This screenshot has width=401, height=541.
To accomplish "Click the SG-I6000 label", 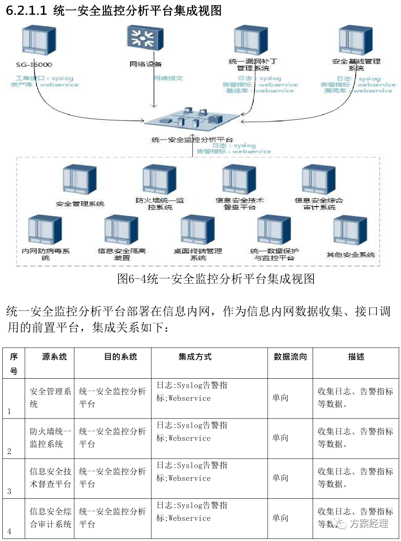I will pyautogui.click(x=34, y=64).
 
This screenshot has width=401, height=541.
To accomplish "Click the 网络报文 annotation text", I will pyautogui.click(x=168, y=78).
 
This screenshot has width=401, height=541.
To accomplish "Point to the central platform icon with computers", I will pyautogui.click(x=192, y=119).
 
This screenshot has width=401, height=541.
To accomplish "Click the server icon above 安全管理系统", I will pyautogui.click(x=79, y=180).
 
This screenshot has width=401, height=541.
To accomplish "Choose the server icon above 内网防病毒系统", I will pyautogui.click(x=45, y=230).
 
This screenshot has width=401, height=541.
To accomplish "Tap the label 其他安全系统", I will pyautogui.click(x=350, y=254).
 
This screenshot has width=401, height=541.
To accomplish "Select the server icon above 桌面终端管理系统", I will pyautogui.click(x=197, y=230).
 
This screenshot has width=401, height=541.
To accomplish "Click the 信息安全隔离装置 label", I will pyautogui.click(x=122, y=254).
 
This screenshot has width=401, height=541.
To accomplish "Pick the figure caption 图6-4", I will pyautogui.click(x=216, y=279).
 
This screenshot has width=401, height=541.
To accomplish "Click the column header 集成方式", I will pyautogui.click(x=195, y=357).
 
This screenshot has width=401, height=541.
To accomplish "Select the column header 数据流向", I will pyautogui.click(x=290, y=357).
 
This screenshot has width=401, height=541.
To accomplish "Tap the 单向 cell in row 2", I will pyautogui.click(x=280, y=438).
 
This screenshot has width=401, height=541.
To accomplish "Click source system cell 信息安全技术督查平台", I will pyautogui.click(x=50, y=477).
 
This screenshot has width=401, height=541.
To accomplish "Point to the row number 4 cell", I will pyautogui.click(x=9, y=531).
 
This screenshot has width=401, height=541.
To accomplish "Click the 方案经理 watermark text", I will pyautogui.click(x=368, y=523).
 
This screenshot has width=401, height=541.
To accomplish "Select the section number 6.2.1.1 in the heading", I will pyautogui.click(x=26, y=10).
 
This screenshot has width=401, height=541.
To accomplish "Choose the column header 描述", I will pyautogui.click(x=356, y=357).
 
